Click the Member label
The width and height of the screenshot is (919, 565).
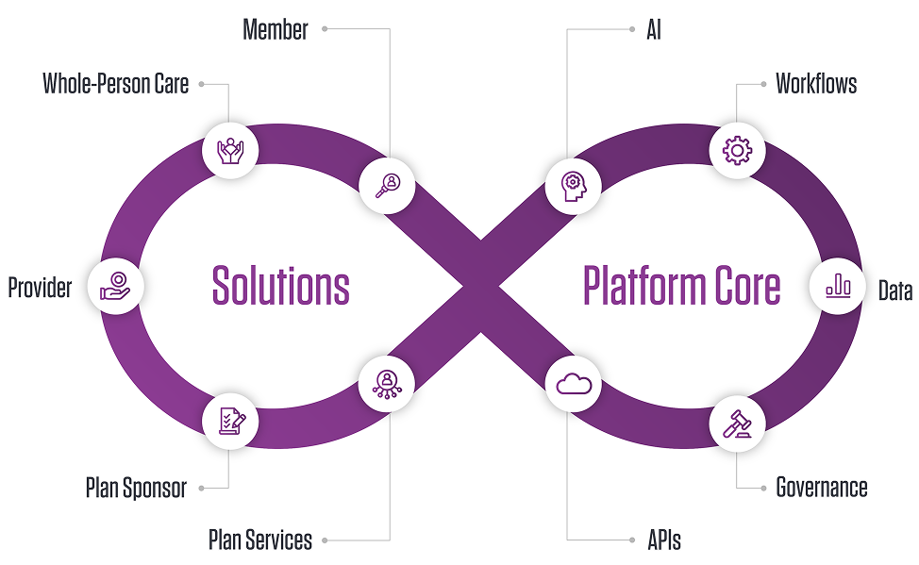(276, 29)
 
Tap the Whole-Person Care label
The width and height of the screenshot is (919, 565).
(116, 84)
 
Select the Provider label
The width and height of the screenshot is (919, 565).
(40, 288)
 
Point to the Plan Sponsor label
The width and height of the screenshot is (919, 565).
(136, 488)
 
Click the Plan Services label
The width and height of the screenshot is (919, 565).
(260, 540)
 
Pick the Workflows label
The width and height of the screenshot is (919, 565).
(816, 84)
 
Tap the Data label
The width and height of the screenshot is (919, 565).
(895, 291)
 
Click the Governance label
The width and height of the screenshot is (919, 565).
(822, 488)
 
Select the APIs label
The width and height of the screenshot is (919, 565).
(663, 540)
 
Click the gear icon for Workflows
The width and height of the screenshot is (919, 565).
(737, 150)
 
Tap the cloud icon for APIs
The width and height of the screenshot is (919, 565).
(574, 384)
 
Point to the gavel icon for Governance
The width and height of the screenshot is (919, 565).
(737, 423)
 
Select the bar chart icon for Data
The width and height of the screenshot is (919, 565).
(838, 286)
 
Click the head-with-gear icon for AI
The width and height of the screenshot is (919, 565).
(574, 184)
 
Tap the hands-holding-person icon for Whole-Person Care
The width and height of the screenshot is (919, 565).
(230, 150)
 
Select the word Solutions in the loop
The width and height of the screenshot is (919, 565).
(280, 285)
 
